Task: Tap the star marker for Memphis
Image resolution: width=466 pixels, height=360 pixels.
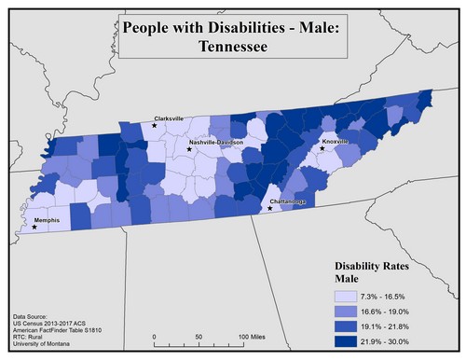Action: tap(34, 227)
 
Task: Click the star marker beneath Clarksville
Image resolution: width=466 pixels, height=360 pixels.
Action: tap(155, 125)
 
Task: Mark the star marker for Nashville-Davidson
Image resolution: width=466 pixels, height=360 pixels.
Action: tap(189, 148)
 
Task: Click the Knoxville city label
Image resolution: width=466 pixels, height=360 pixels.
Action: tap(336, 141)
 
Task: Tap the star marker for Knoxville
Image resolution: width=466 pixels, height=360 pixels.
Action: tap(323, 148)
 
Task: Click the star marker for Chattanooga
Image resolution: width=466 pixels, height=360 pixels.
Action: tap(270, 208)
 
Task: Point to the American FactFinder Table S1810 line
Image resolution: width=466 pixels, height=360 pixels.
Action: tap(60, 333)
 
